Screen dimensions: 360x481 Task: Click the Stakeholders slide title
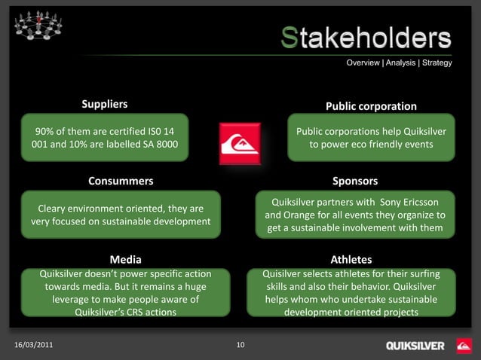366,38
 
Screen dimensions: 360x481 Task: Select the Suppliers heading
105,103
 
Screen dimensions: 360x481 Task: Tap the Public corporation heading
371,106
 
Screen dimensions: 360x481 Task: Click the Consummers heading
121,181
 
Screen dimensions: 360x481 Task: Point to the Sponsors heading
355,181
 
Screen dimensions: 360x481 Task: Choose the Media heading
125,260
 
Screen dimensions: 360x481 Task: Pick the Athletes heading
351,260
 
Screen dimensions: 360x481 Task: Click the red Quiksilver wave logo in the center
240,143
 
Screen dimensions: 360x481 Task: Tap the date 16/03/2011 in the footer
34,345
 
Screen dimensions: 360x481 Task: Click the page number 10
240,345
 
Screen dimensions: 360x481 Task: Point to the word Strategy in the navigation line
437,63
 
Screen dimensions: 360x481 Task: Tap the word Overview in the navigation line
363,63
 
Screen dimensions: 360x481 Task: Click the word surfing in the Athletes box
433,273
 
